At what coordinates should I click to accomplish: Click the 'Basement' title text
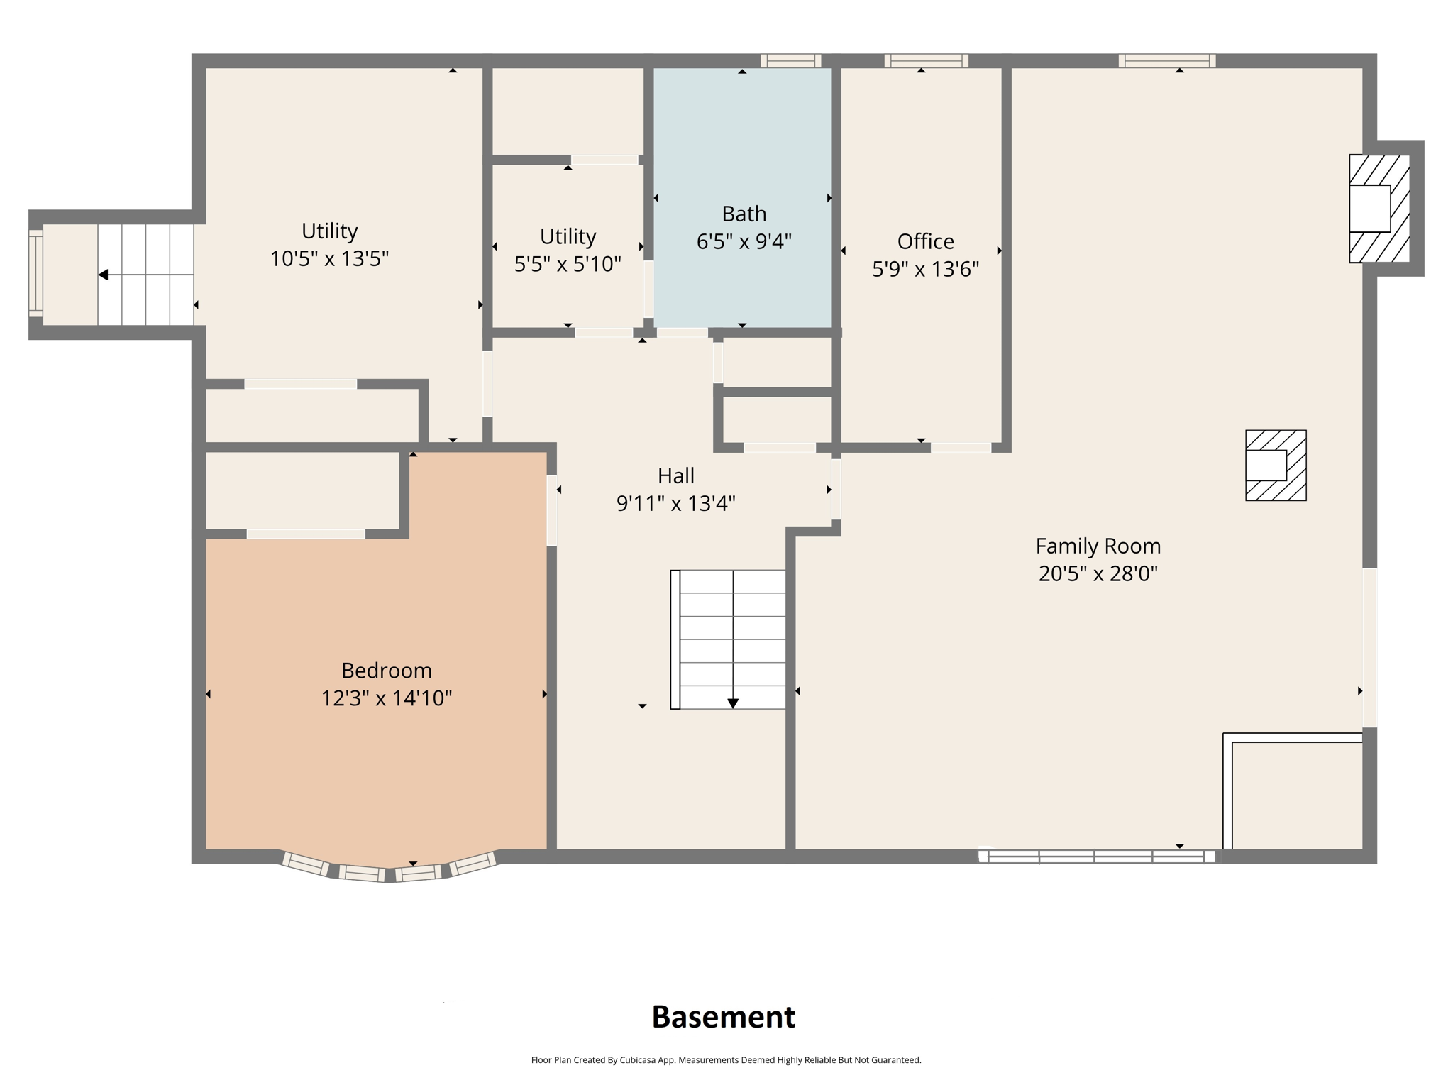[x=723, y=1017]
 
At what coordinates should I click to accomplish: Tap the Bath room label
[x=744, y=214]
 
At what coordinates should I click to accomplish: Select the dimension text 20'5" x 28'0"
[x=1098, y=573]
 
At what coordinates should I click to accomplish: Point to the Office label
[x=925, y=241]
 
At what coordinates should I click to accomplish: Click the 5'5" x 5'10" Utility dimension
[x=568, y=264]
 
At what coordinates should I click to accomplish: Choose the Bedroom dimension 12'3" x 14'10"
[x=386, y=698]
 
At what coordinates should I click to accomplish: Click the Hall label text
[x=675, y=475]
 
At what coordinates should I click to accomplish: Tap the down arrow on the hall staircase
[x=733, y=703]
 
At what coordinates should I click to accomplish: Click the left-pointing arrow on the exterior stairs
[x=104, y=275]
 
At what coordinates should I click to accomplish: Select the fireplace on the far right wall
[x=1378, y=209]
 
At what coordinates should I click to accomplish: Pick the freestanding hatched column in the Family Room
[x=1276, y=466]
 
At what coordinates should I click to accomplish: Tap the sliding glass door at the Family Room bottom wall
[x=1097, y=856]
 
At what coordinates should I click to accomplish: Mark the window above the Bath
[x=790, y=61]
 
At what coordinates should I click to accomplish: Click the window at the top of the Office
[x=926, y=61]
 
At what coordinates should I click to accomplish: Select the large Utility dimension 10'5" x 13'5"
[x=329, y=258]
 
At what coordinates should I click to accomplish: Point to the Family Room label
[x=1098, y=546]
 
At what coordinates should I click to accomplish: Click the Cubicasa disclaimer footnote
[x=726, y=1060]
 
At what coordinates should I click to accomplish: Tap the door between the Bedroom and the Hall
[x=551, y=510]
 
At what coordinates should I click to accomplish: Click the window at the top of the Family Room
[x=1166, y=61]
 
